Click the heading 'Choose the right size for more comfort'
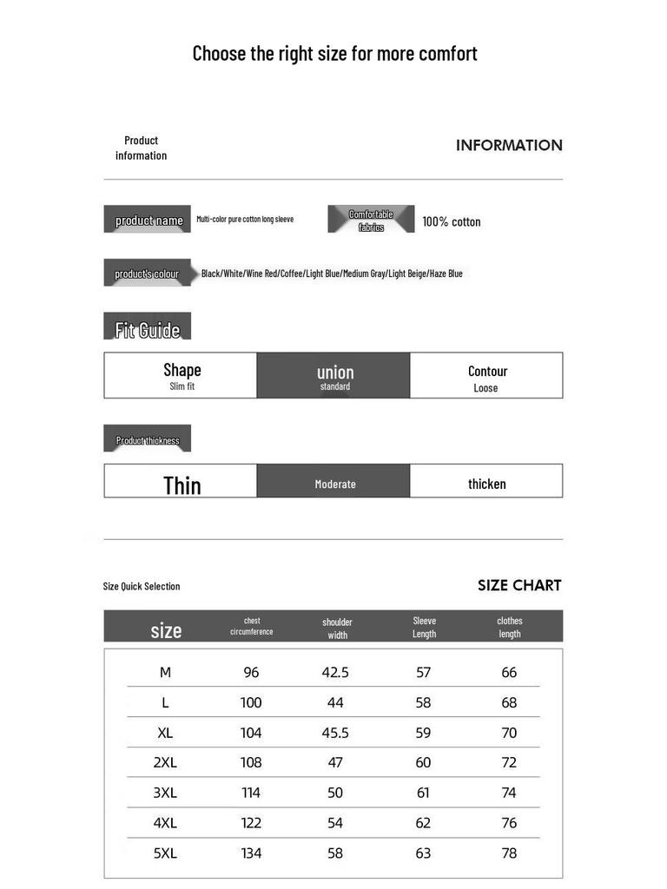334,54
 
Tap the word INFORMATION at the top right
509,146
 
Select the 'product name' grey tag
148,220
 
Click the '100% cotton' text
451,221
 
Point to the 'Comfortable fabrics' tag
371,220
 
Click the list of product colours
332,273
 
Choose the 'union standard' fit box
333,376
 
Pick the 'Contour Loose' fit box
486,376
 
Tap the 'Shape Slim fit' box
181,376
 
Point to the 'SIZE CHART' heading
519,586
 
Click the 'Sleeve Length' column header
425,627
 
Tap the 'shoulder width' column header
337,628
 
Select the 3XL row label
165,793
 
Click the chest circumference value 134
251,853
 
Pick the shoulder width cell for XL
335,733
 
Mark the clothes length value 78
509,853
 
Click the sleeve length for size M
423,673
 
